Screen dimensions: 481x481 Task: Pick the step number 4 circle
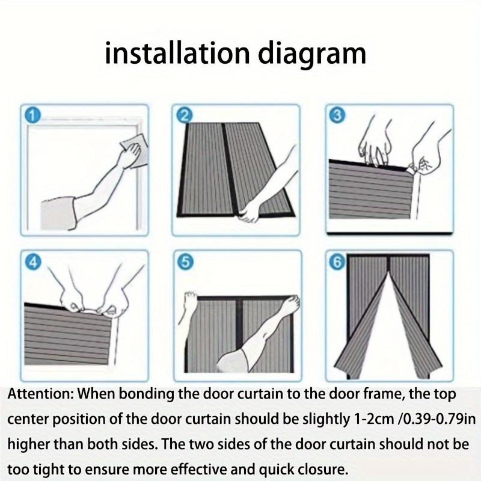tap(31, 261)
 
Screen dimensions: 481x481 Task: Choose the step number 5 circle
tap(185, 261)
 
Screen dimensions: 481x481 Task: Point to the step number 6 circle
tap(337, 261)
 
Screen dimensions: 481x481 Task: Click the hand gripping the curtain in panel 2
tap(250, 210)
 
